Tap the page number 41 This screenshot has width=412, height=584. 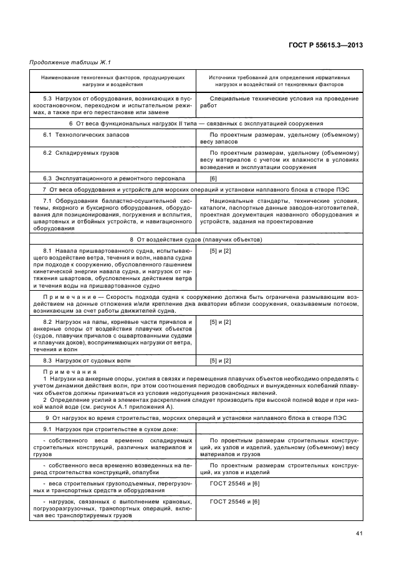tap(359, 533)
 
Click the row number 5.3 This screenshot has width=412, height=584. tap(47, 99)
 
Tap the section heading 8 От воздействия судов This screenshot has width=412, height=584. tap(196, 240)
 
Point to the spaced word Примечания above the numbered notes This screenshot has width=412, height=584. tap(60, 371)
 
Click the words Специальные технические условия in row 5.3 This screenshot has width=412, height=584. tap(264, 99)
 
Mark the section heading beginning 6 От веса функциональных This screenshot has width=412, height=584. tap(196, 124)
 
